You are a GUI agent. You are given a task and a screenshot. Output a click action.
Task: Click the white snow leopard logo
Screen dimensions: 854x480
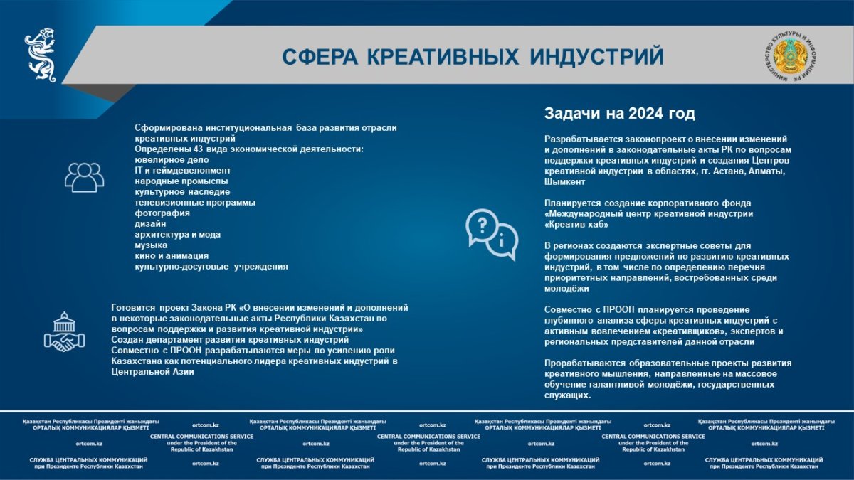41,55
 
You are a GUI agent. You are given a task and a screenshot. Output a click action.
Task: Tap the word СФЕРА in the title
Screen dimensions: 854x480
320,57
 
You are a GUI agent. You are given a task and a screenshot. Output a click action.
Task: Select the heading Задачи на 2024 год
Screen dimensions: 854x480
620,114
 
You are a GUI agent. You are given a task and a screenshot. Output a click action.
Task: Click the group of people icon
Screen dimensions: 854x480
84,177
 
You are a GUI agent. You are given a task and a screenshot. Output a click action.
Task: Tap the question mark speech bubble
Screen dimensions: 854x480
482,227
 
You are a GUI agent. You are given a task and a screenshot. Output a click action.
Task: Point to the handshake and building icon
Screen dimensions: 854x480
65,332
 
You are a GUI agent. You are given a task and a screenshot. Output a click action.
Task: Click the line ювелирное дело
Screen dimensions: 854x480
172,160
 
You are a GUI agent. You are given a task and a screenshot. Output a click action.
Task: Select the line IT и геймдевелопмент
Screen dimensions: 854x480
183,170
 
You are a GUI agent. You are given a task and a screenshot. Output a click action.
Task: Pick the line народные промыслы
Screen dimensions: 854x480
181,181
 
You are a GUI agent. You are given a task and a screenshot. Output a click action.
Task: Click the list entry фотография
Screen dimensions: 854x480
162,213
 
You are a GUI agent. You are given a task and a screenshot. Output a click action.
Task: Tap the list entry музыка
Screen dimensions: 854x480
151,245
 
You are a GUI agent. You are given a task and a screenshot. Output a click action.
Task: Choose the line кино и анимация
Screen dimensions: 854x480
172,255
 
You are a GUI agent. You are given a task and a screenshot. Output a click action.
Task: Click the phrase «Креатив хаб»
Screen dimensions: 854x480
576,225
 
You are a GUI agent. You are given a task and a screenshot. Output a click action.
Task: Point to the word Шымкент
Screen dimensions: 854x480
564,182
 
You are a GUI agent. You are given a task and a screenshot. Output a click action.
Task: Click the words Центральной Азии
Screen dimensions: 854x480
152,372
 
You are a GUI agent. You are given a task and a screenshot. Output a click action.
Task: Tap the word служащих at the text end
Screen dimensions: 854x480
568,395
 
